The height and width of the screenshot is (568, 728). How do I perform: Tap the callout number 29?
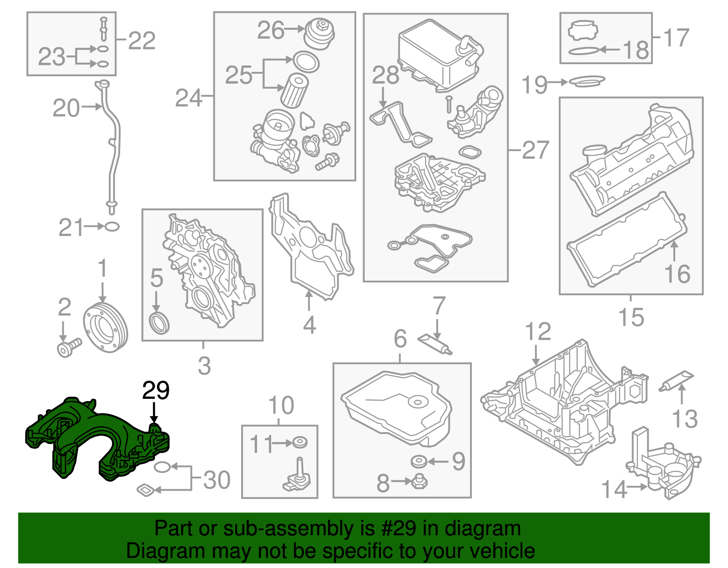[156, 390]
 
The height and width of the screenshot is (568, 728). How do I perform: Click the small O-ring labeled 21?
[112, 226]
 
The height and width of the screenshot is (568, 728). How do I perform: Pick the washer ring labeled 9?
[418, 462]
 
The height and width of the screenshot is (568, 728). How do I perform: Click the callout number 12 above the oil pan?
[538, 332]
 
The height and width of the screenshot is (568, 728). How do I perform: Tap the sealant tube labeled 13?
[677, 381]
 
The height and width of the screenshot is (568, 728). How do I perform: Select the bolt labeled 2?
[68, 347]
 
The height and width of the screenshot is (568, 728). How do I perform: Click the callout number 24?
[188, 98]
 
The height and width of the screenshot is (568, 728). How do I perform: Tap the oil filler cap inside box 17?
[582, 31]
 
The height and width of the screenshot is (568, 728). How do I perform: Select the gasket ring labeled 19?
[587, 82]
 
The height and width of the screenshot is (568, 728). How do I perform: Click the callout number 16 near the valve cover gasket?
[677, 274]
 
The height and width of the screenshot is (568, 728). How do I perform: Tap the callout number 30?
[217, 480]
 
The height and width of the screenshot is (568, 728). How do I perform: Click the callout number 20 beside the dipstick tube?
[66, 108]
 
